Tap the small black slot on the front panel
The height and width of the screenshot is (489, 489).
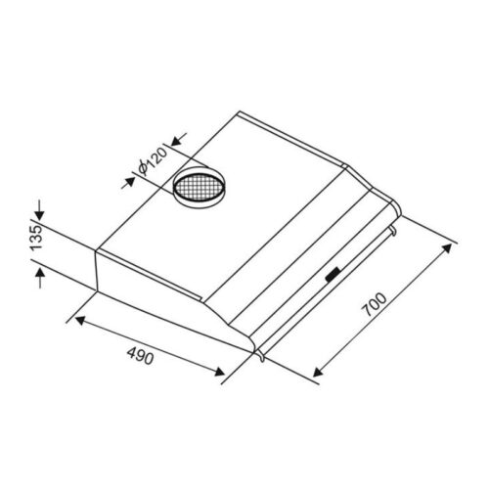[333, 275]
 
